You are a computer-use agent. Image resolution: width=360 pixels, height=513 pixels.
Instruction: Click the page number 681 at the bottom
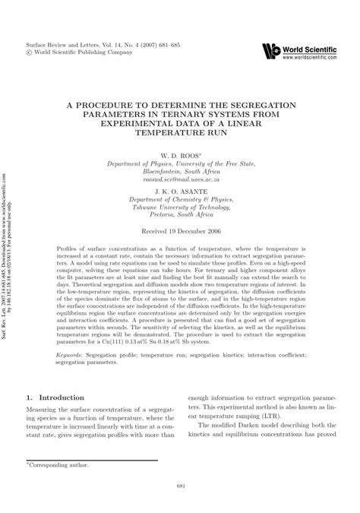click(x=180, y=487)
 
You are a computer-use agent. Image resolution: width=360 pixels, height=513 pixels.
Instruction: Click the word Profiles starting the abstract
click(x=68, y=249)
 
